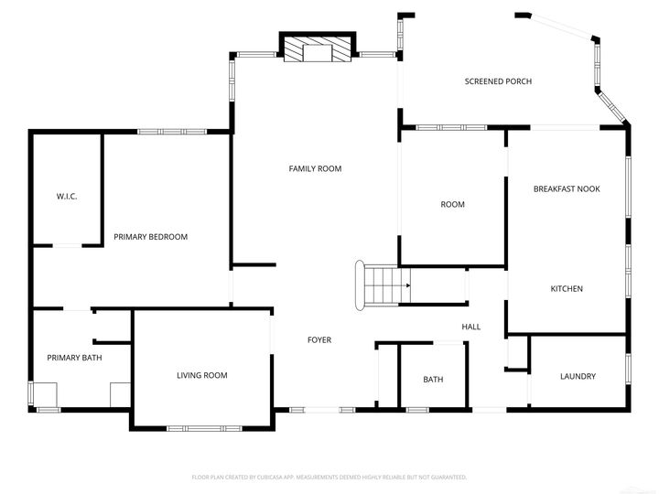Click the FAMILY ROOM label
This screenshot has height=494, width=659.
click(315, 168)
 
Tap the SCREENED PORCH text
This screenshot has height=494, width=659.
click(498, 81)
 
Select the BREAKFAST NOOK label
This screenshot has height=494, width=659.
click(567, 188)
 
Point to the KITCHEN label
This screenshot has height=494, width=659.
click(567, 289)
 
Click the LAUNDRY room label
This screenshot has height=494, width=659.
click(578, 376)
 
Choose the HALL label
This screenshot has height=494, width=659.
click(470, 327)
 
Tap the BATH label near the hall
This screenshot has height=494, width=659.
click(433, 380)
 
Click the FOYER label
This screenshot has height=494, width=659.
click(319, 340)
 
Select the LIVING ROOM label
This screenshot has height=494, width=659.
click(201, 375)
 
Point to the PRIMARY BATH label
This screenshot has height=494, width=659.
click(74, 358)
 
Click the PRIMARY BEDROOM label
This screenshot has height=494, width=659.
click(150, 237)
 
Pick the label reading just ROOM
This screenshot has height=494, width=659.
click(452, 204)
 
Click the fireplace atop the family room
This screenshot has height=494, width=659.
click(317, 49)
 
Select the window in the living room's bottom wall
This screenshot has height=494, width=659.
click(202, 427)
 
